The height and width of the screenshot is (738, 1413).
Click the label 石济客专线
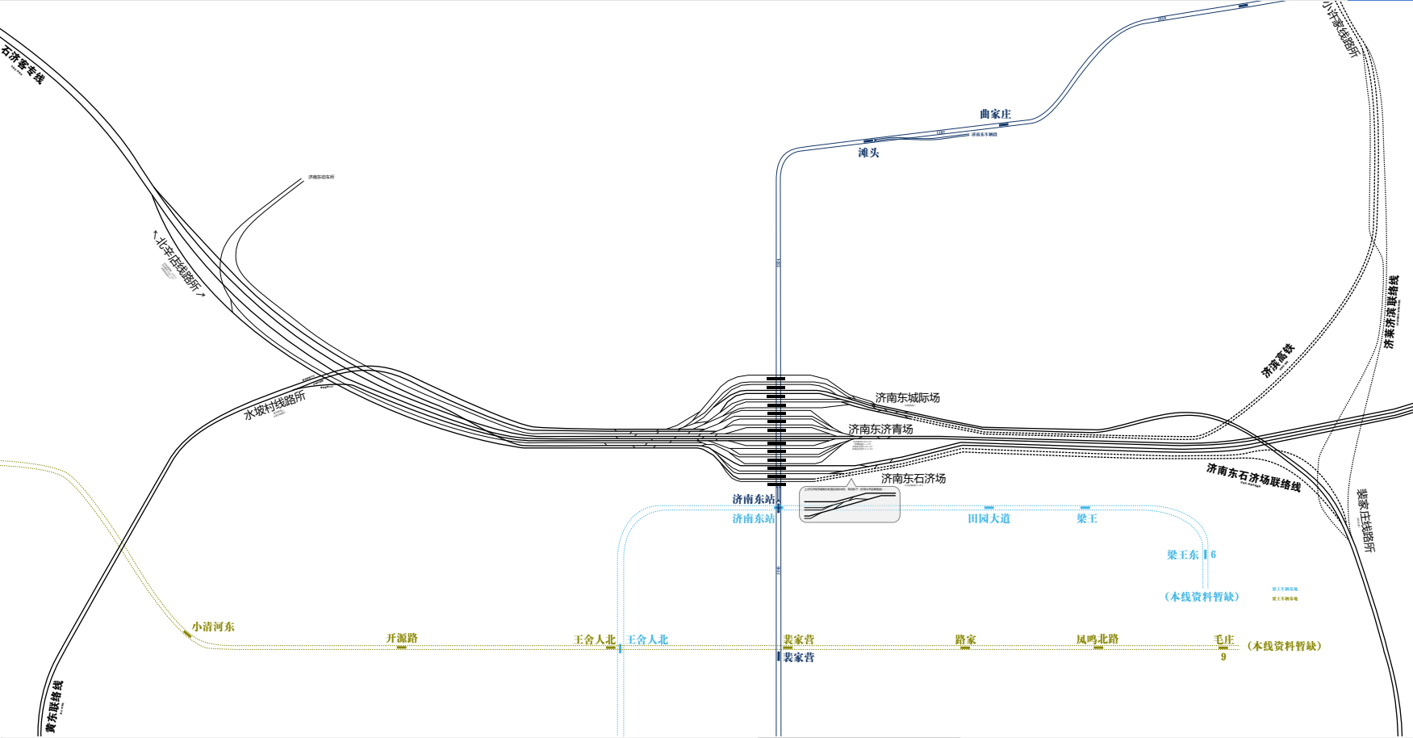pyautogui.click(x=23, y=65)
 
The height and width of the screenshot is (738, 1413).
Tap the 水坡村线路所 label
pyautogui.click(x=275, y=405)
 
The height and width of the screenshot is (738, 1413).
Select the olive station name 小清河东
pyautogui.click(x=213, y=627)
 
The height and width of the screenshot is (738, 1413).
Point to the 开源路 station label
pyautogui.click(x=402, y=638)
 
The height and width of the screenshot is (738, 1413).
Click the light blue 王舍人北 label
pyautogui.click(x=648, y=639)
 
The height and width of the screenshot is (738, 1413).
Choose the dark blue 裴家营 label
pyautogui.click(x=798, y=657)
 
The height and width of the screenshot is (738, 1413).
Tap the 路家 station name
pyautogui.click(x=965, y=639)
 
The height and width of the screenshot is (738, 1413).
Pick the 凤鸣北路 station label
pyautogui.click(x=1097, y=639)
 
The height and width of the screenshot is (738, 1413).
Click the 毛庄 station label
pyautogui.click(x=1224, y=639)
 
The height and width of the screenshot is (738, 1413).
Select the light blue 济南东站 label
pyautogui.click(x=753, y=518)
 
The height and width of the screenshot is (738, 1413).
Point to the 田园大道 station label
pyautogui.click(x=989, y=518)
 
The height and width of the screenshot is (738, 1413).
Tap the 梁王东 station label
pyautogui.click(x=1183, y=555)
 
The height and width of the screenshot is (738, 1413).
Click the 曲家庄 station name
pyautogui.click(x=995, y=114)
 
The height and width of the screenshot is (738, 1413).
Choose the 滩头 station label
pyautogui.click(x=868, y=153)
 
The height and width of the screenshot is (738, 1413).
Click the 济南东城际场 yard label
pyautogui.click(x=907, y=397)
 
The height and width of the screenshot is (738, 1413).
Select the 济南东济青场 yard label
pyautogui.click(x=880, y=429)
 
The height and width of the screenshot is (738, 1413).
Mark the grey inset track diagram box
pyautogui.click(x=849, y=505)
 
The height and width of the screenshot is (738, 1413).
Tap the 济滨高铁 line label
pyautogui.click(x=1278, y=360)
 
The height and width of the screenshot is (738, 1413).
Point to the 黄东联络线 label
pyautogui.click(x=54, y=707)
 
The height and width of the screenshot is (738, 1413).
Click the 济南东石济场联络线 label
pyautogui.click(x=1253, y=476)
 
